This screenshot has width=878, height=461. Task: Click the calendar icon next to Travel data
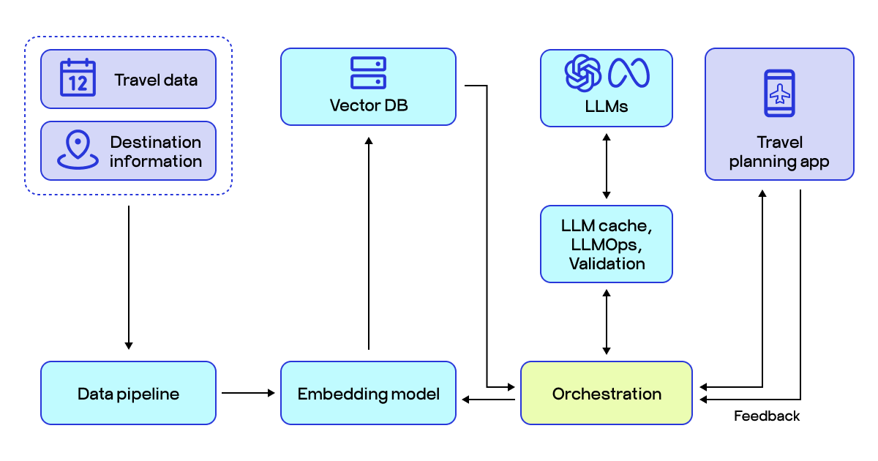coord(78,78)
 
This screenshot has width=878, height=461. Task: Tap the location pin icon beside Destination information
coord(78,149)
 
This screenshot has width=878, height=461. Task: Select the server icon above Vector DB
coord(368,72)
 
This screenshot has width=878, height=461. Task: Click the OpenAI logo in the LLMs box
coord(583,73)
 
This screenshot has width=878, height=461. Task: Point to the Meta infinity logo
coord(629,73)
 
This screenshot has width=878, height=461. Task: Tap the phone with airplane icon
coord(779,94)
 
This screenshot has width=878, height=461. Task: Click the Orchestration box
coord(607,393)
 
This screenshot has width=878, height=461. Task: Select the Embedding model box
coord(368,393)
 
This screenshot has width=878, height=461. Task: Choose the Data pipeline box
coord(128,393)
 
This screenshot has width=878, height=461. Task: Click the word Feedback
coord(766,416)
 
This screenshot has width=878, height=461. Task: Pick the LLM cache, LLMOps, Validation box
coord(607,244)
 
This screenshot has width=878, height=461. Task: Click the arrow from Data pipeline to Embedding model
coord(248,393)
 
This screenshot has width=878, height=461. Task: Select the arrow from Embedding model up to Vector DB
coord(369,243)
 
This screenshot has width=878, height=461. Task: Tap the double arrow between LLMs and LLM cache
coord(607,166)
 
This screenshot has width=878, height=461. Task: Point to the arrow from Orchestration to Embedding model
coord(489,400)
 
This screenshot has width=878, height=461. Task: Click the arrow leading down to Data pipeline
coord(129,277)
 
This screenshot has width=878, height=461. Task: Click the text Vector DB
coord(369,105)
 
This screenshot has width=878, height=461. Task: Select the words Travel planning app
coord(779,152)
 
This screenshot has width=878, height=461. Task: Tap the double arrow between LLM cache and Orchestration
coord(607,322)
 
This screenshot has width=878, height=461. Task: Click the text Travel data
coord(156,80)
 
